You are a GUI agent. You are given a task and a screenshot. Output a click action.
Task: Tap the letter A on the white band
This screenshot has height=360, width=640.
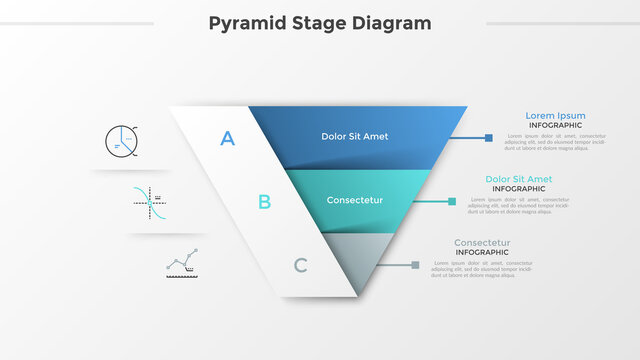coord(228,139)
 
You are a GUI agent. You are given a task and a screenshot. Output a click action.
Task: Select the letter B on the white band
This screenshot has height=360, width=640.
coord(264,202)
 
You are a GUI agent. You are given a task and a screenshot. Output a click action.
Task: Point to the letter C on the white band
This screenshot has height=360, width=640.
coord(300,265)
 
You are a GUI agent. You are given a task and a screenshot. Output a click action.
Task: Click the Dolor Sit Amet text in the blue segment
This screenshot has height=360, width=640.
coord(355,136)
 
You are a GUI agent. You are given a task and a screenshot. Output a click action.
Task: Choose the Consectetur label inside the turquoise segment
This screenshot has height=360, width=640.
coord(355,200)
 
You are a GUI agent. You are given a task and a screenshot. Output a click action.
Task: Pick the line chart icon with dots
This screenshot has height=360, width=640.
coord(181,264)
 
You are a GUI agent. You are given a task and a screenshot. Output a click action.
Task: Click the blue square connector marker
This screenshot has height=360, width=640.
coord(488,138)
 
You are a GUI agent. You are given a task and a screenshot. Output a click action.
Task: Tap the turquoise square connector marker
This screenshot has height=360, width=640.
coord(452,201)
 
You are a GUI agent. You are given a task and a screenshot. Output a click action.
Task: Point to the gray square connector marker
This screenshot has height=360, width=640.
coord(415,265)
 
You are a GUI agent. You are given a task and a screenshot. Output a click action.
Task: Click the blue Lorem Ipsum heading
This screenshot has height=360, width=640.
coord(555,116)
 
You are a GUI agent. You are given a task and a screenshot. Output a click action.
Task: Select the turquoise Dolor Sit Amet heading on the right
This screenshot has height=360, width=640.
coord(518,179)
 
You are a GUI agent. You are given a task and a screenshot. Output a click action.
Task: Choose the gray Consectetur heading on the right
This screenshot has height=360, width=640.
coord(482,243)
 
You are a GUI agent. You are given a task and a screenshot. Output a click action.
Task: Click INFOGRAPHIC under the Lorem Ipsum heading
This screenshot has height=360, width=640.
coord(555,126)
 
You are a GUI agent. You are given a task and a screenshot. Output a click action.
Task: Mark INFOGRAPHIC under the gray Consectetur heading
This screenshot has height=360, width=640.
coord(482,253)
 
